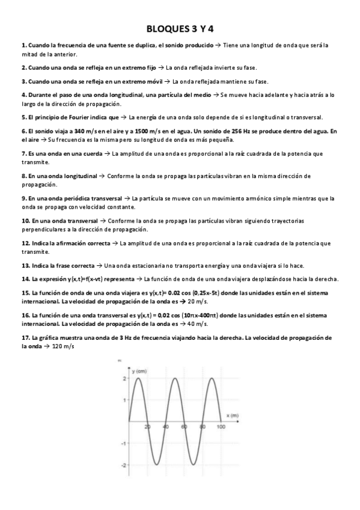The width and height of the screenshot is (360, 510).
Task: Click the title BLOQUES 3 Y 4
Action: (x=180, y=29)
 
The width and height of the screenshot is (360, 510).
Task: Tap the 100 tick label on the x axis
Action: (x=221, y=426)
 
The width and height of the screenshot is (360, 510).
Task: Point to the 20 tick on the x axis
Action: (x=148, y=426)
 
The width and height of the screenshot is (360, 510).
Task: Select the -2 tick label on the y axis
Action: (x=124, y=465)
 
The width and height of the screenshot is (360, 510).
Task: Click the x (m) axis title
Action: (x=233, y=416)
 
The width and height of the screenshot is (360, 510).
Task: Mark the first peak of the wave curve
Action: (x=138, y=378)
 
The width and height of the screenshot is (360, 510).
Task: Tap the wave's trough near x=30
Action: (x=157, y=465)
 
